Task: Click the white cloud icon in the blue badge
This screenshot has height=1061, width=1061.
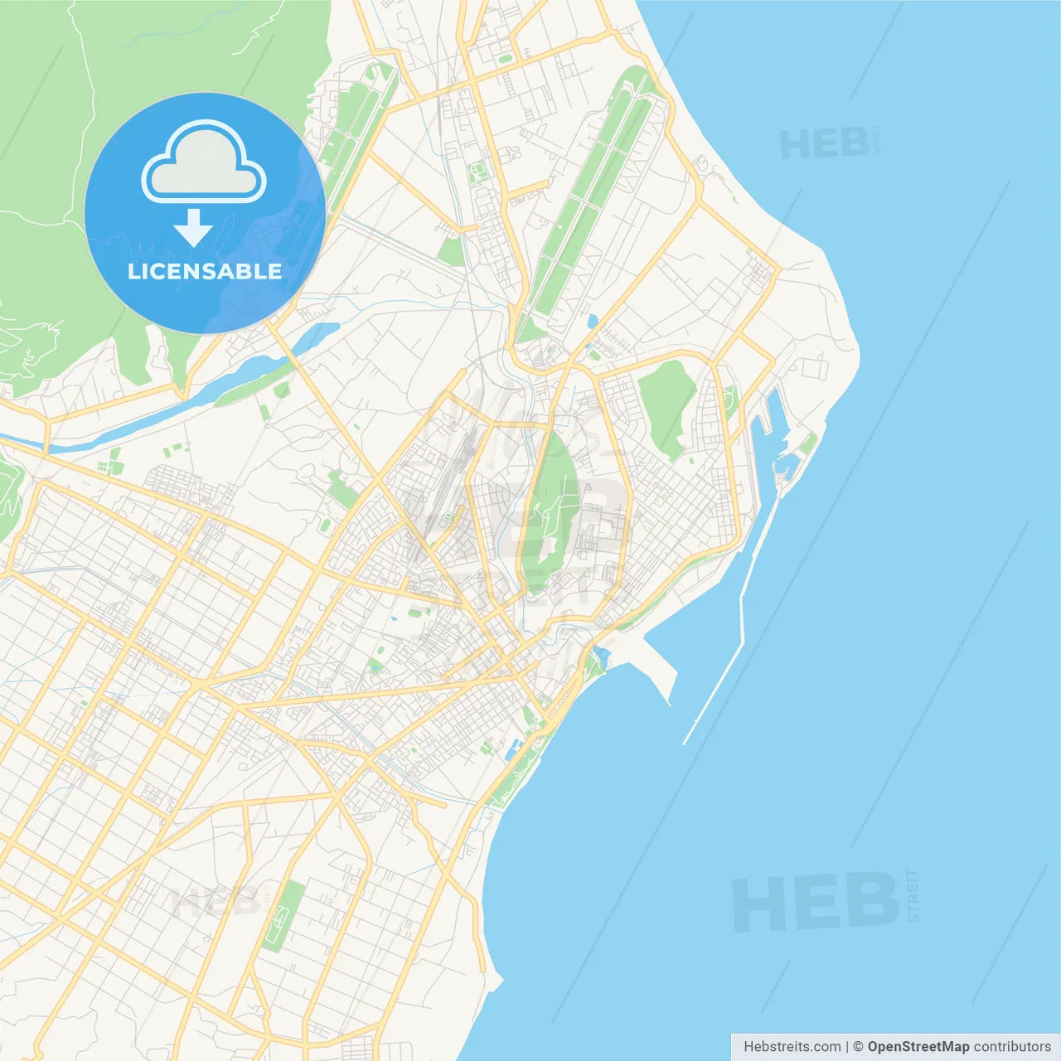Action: click(x=204, y=162)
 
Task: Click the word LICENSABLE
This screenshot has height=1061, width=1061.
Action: click(x=205, y=271)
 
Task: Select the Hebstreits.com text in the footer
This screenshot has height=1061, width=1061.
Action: click(x=792, y=1047)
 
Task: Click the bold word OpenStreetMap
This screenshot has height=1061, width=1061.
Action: click(x=918, y=1047)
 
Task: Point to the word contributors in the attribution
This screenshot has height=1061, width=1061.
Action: click(x=1012, y=1047)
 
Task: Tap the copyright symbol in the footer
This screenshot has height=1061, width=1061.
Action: click(x=858, y=1047)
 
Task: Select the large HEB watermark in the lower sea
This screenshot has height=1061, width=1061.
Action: click(x=816, y=903)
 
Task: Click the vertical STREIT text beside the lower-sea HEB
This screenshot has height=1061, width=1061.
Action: click(x=913, y=895)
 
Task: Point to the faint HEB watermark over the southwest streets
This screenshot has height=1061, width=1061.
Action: click(x=214, y=901)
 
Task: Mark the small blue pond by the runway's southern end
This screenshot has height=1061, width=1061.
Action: click(x=592, y=321)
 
